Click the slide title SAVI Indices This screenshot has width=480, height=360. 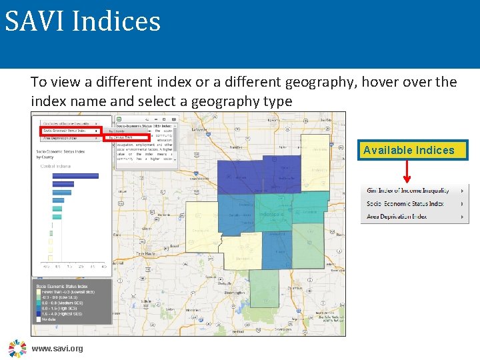[83, 21]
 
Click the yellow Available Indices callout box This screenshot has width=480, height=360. [409, 150]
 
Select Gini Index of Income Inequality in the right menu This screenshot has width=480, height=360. [408, 191]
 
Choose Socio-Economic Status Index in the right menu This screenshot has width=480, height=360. [405, 204]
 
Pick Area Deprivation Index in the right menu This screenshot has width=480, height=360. [397, 217]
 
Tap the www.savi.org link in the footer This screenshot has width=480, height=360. [57, 349]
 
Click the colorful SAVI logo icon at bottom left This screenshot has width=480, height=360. [17, 348]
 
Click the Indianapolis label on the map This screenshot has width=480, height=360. [271, 215]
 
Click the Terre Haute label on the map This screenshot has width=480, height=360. [146, 254]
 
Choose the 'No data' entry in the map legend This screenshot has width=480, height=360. [51, 319]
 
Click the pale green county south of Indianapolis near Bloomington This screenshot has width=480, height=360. [264, 288]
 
